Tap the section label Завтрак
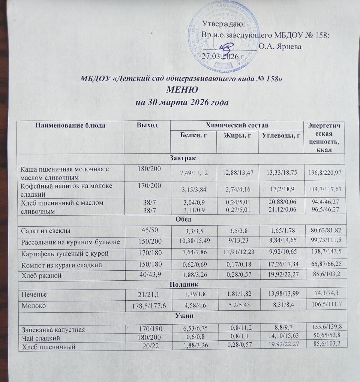(181, 159)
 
